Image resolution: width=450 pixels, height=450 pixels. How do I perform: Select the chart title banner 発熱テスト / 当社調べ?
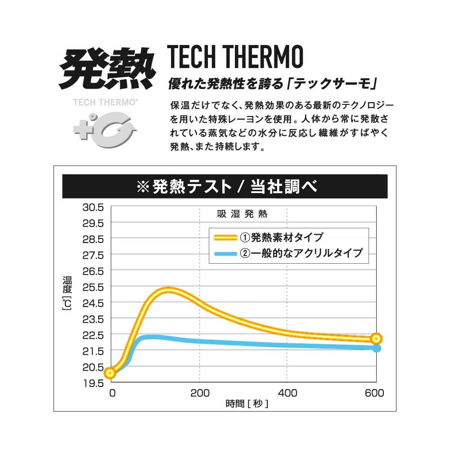[225, 187]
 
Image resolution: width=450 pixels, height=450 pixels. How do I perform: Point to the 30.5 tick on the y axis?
[93, 207]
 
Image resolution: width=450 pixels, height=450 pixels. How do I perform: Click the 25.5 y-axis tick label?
[93, 287]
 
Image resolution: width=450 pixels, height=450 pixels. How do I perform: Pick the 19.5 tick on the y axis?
[93, 383]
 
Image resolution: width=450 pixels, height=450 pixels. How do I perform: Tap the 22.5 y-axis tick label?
[93, 335]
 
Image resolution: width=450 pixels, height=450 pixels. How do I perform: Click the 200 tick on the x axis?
[200, 393]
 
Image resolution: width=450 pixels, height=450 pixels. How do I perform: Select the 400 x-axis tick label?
[288, 393]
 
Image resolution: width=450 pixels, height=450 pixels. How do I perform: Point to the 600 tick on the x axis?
[374, 393]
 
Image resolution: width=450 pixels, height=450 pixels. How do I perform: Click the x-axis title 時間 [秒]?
[247, 404]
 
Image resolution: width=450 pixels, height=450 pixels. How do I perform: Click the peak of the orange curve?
[167, 290]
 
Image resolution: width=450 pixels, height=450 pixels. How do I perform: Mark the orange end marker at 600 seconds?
[376, 339]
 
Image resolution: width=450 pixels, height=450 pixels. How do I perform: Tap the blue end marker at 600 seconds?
[377, 348]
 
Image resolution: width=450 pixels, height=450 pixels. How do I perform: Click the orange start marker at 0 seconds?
[110, 373]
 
